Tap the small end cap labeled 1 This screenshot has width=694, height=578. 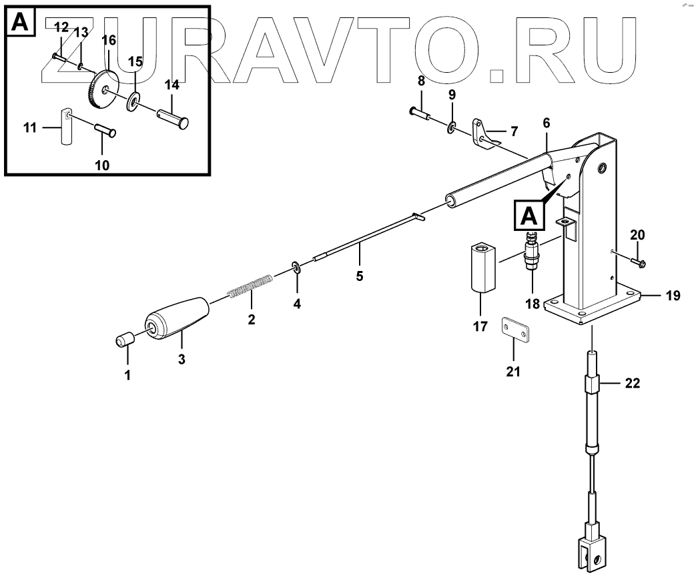pos(123,338)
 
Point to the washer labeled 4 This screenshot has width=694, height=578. pos(296,268)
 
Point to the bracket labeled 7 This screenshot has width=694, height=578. pos(484,133)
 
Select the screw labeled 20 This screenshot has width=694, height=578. pos(635,262)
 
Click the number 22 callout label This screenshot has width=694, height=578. pos(631,384)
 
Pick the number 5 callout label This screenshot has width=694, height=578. pos(359,276)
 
